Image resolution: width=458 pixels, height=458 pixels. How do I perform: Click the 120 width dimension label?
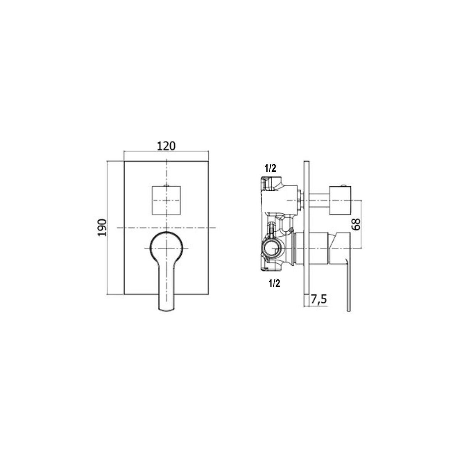(166, 146)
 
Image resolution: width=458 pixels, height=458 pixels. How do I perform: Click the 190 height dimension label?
(102, 227)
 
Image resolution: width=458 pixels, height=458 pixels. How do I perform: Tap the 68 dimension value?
(356, 224)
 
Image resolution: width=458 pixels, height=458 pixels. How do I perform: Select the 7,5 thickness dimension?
(319, 300)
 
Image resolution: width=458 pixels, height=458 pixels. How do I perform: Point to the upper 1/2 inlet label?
(271, 168)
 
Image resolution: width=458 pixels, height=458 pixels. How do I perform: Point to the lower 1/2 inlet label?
(274, 284)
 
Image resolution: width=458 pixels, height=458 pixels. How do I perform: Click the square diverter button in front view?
(166, 200)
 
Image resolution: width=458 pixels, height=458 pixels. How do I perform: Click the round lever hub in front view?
(166, 248)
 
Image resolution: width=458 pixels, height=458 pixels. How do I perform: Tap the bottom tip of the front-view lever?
(166, 310)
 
